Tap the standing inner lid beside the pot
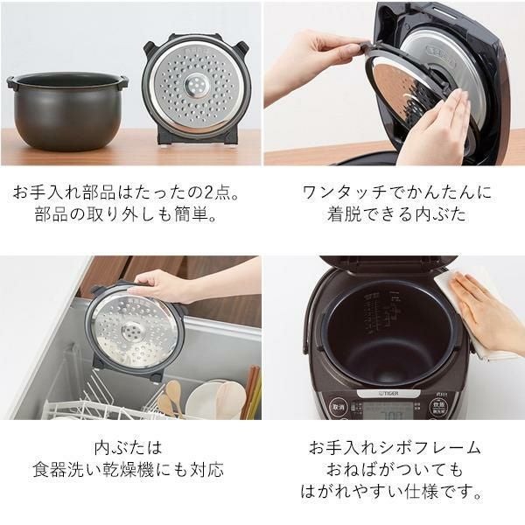pyautogui.click(x=198, y=87)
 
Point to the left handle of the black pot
pyautogui.click(x=11, y=83)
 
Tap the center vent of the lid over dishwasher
pyautogui.click(x=134, y=332)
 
